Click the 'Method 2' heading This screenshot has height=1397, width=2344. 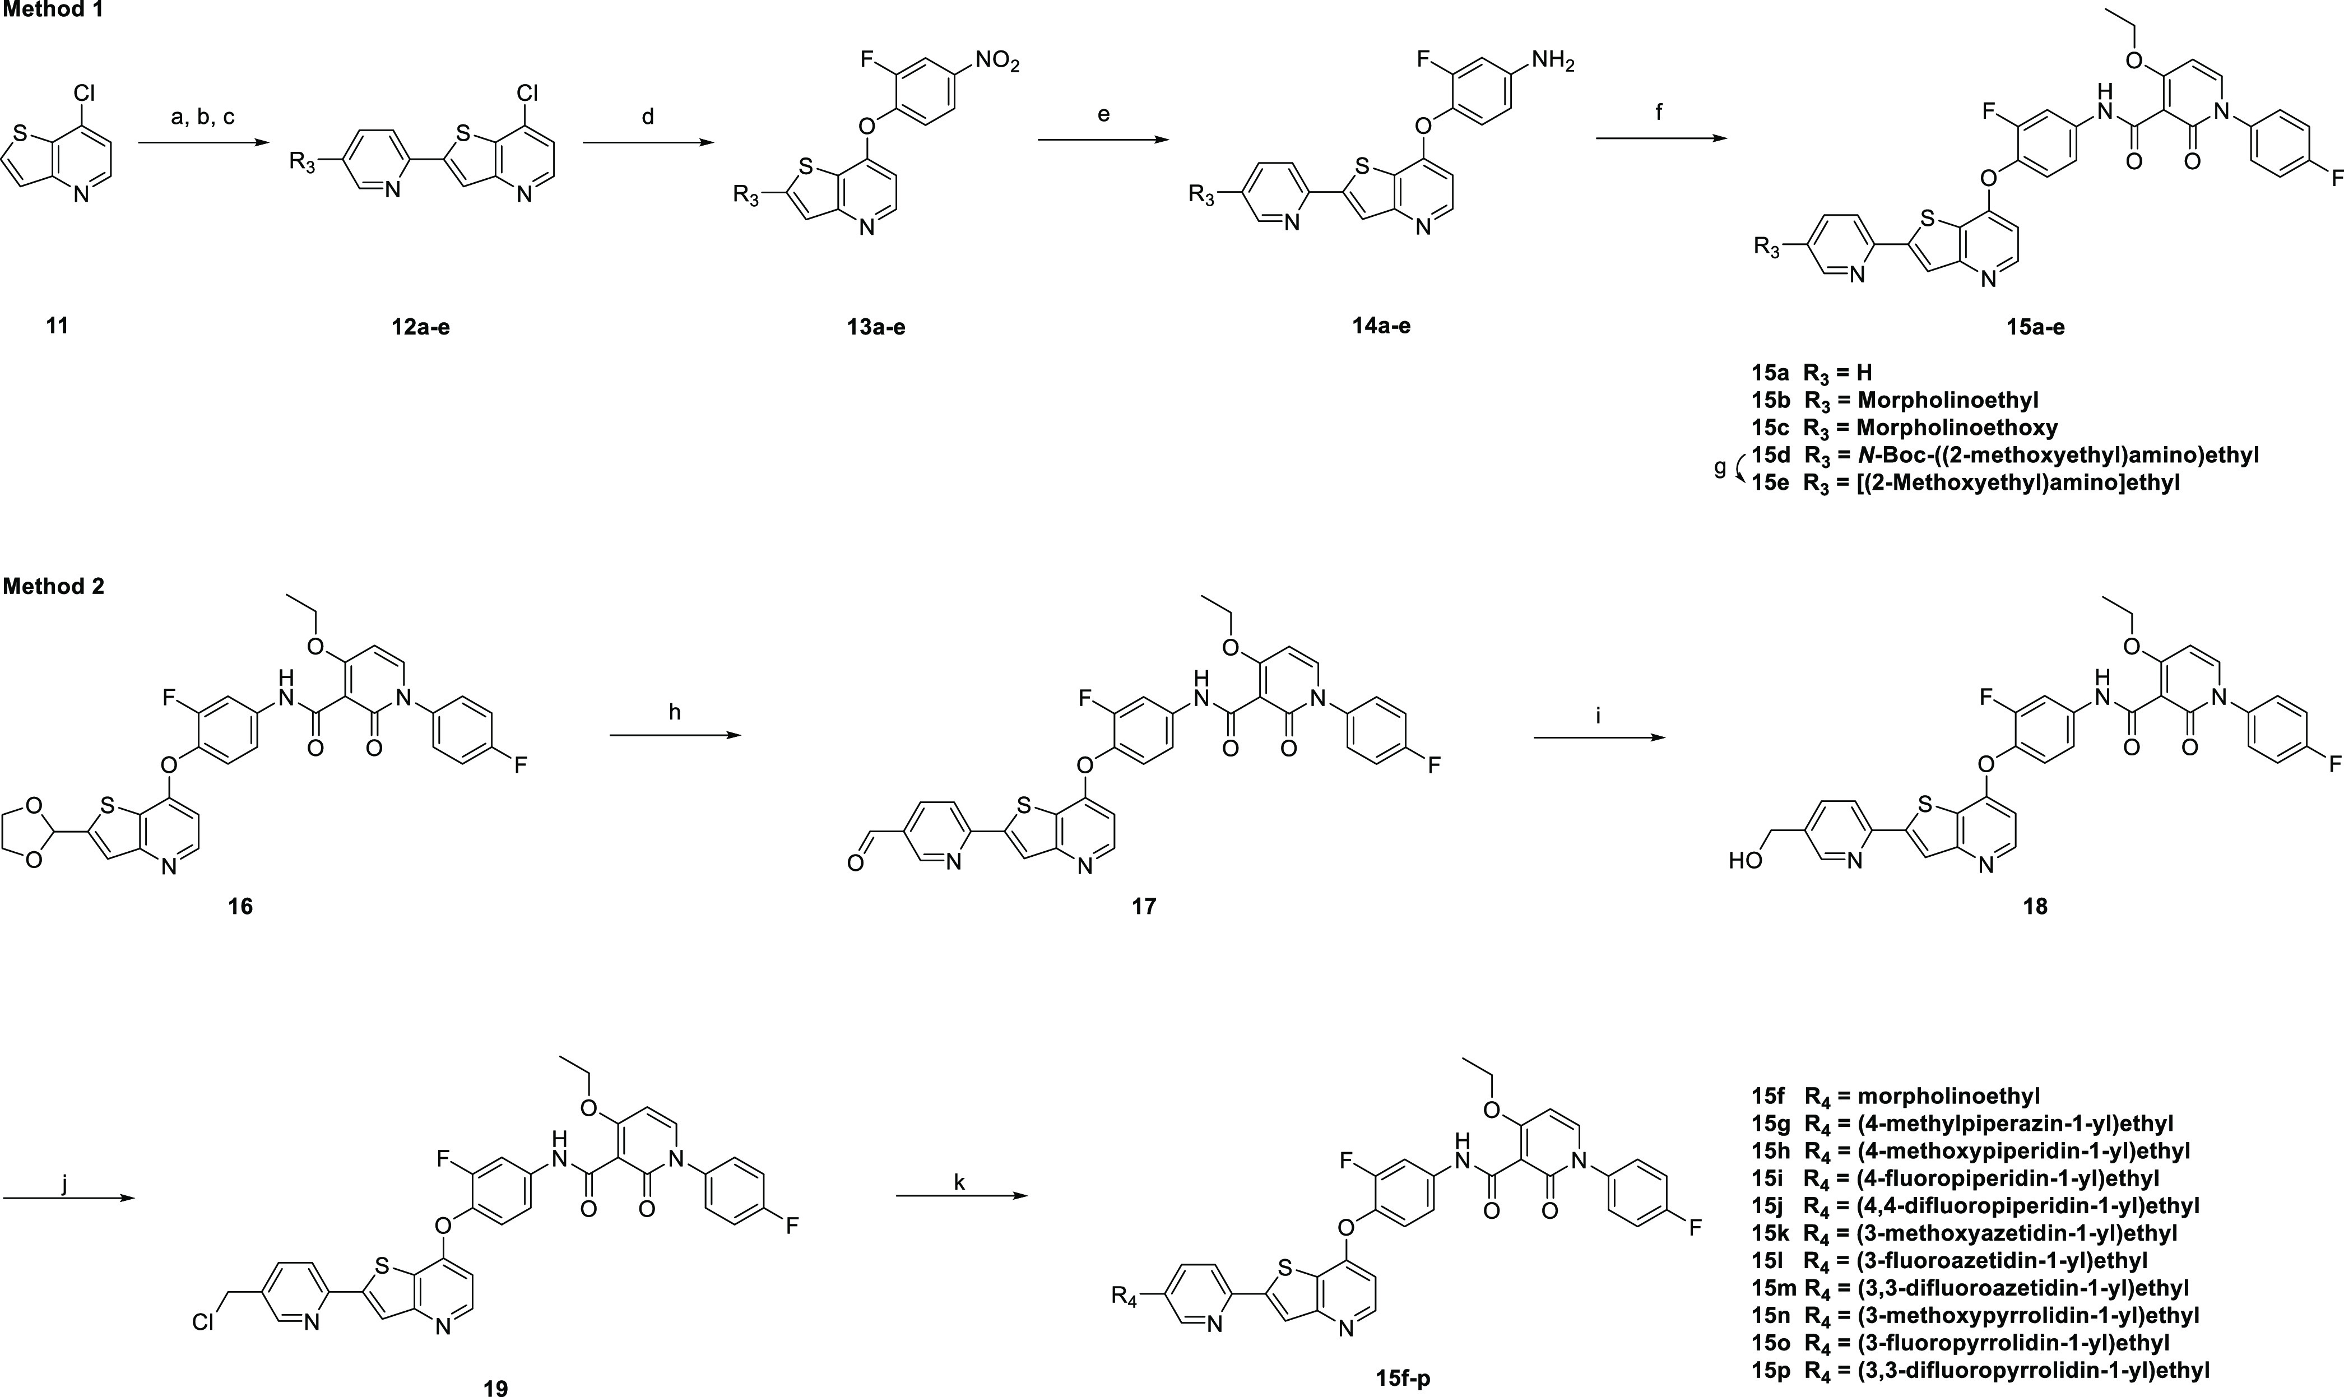point(54,587)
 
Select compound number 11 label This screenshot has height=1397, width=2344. point(57,327)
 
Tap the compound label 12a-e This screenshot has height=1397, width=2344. point(421,327)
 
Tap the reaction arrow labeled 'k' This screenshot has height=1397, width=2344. point(959,1196)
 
